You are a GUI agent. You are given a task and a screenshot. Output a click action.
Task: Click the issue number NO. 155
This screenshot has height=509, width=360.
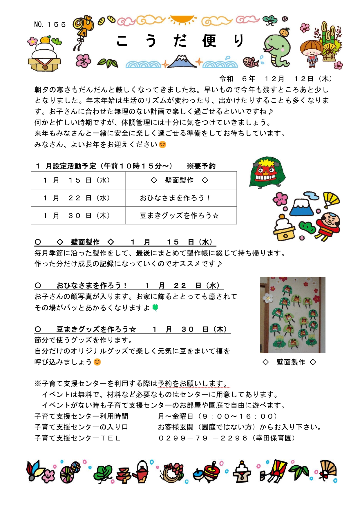coord(50,25)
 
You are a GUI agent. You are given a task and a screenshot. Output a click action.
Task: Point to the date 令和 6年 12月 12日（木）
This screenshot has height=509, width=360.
coord(276,79)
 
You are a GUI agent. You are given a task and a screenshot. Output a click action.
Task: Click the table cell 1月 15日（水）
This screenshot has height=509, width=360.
coord(78,180)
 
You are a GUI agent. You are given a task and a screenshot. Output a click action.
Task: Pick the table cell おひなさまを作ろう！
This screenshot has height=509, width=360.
coord(175,198)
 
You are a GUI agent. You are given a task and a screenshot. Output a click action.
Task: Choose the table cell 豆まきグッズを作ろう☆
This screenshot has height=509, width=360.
coord(179,215)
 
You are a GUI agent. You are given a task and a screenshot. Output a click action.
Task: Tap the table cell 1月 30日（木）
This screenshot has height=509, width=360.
coord(78,215)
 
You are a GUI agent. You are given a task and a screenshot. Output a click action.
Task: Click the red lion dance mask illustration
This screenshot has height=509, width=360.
coord(267,173)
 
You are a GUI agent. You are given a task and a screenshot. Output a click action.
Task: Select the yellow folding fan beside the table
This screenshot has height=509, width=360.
coord(331,199)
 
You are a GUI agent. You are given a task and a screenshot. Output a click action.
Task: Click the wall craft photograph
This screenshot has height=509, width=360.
coord(292,315)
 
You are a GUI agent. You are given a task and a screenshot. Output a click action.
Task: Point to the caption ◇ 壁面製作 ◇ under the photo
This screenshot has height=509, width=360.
coord(289,362)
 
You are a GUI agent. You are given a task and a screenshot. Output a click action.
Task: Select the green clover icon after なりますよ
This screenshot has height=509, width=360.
coord(155,307)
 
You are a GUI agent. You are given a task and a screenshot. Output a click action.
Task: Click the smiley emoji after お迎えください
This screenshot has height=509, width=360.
coord(163,144)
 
